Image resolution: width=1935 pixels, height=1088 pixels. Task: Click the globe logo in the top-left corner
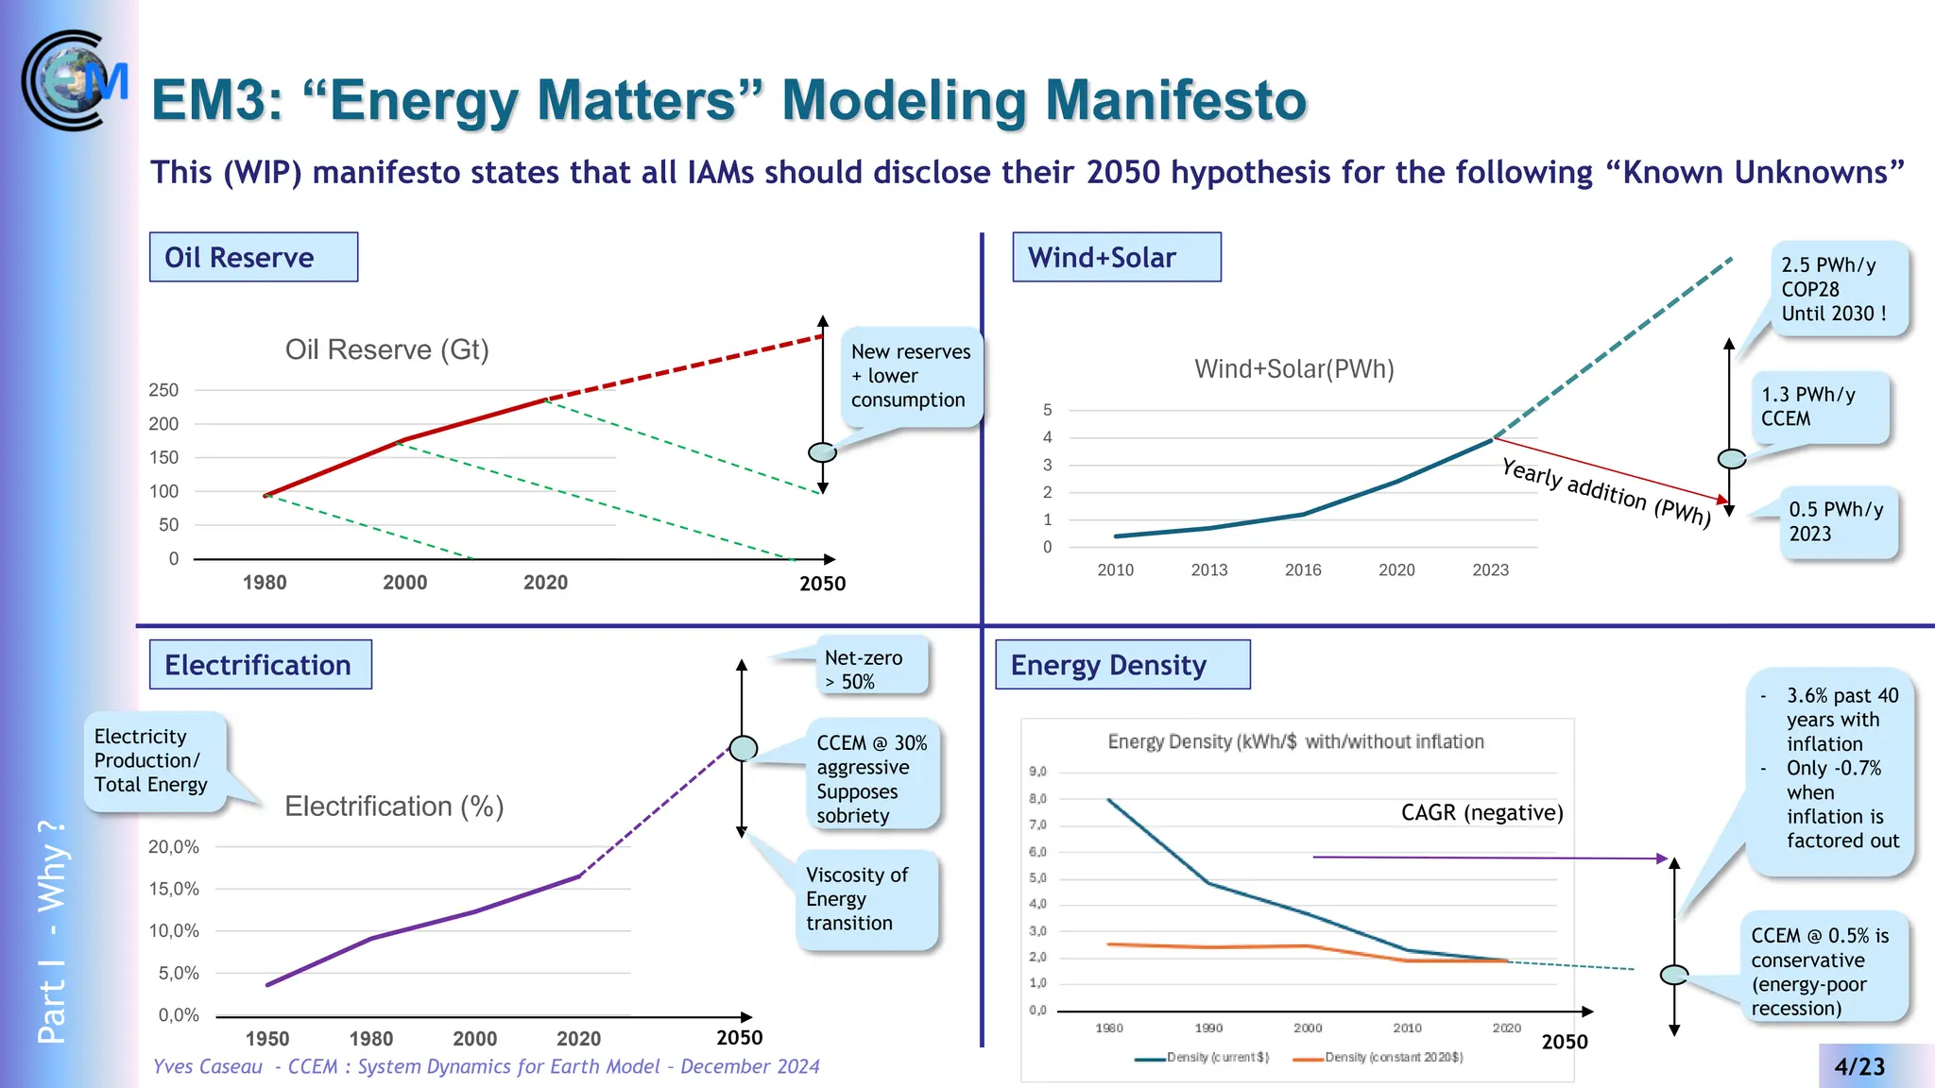click(74, 80)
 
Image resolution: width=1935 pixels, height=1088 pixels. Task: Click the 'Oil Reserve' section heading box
click(253, 257)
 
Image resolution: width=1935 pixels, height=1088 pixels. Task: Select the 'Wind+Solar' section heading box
click(1116, 257)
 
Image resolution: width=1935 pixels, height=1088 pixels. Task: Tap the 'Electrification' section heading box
click(260, 665)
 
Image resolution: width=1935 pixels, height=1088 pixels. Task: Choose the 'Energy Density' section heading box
click(1122, 665)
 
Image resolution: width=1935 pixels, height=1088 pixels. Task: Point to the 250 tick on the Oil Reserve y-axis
click(163, 390)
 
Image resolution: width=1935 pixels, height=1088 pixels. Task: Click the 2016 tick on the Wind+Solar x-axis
click(1303, 569)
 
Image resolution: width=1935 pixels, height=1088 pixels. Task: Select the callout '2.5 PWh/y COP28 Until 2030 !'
click(1837, 289)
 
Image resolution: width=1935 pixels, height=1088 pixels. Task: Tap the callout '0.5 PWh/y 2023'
click(1837, 521)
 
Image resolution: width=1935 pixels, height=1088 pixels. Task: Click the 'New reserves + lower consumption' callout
click(910, 376)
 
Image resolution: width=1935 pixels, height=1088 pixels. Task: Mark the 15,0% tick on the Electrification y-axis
click(174, 889)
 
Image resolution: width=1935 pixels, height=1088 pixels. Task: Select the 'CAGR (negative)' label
click(1481, 812)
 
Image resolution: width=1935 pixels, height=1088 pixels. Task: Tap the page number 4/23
click(1858, 1066)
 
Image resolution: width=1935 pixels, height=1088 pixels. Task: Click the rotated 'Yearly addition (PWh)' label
click(1606, 492)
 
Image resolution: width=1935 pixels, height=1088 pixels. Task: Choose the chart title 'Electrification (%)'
click(394, 807)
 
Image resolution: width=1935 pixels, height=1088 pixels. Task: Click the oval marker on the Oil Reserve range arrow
click(823, 452)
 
